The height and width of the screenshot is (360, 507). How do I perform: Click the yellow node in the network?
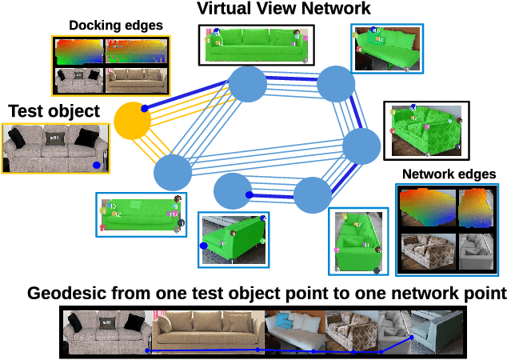point(133,121)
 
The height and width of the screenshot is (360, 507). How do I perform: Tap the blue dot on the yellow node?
point(145,108)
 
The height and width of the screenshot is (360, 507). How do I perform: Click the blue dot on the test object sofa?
point(96,165)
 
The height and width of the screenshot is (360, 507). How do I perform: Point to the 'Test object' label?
point(54,111)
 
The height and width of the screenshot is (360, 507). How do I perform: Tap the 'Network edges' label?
point(449,174)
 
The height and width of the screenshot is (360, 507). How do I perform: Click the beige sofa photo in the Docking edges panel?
point(137,81)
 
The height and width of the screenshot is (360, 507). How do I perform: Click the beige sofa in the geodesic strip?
point(207,332)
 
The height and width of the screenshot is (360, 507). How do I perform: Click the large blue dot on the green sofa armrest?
point(204,246)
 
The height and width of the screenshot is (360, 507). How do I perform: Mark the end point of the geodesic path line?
point(412,338)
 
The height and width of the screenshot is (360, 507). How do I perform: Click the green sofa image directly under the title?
point(256,45)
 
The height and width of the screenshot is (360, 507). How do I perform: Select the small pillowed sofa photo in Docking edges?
point(79,81)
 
